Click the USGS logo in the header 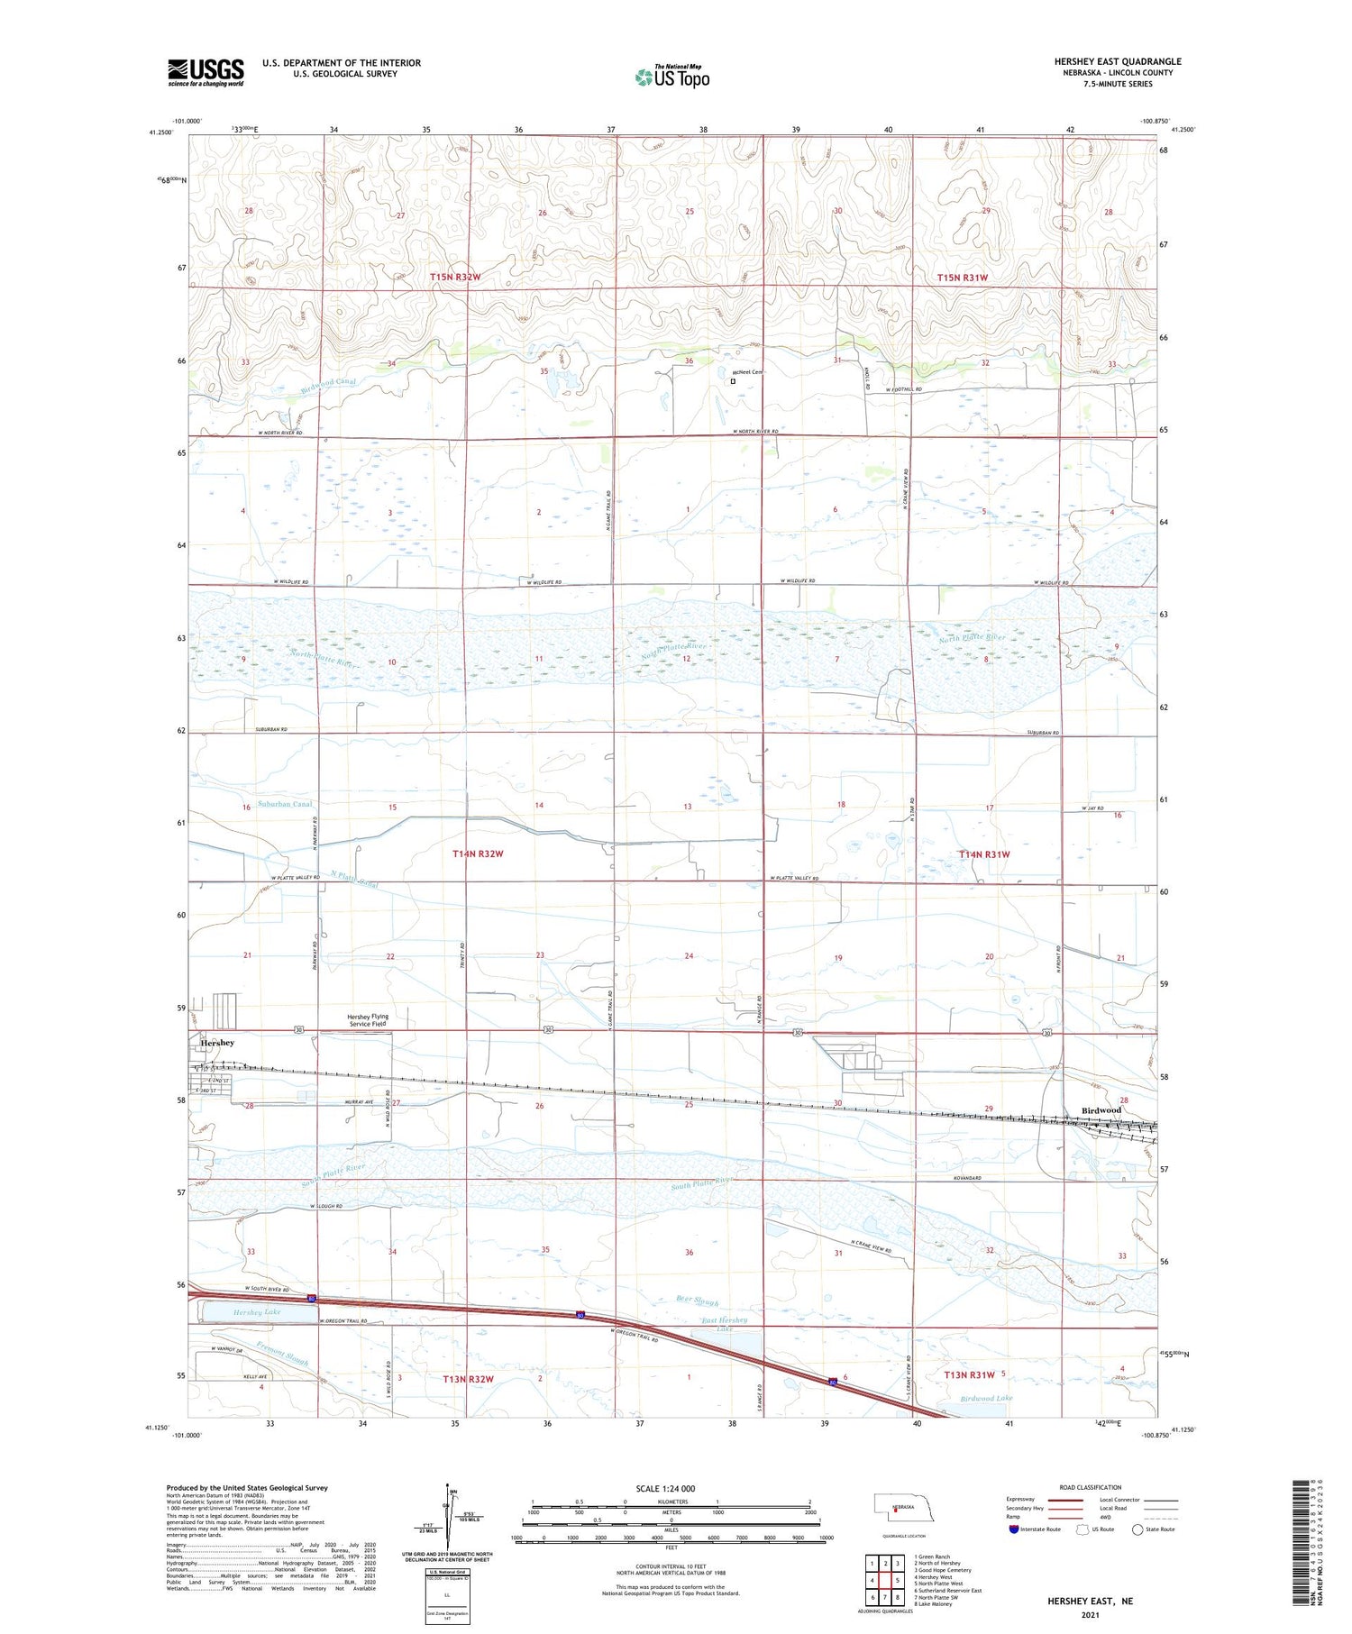pos(206,72)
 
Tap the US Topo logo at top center pos(672,77)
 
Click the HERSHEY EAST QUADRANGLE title pos(1118,61)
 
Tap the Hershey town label pos(217,1043)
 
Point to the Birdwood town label pos(1101,1110)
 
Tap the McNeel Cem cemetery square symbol pos(733,381)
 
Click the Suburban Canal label pos(283,804)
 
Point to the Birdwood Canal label pos(328,383)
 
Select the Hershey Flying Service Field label pos(369,1020)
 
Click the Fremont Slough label pos(282,1355)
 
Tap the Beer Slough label pos(697,1301)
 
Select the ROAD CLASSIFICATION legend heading pos(1091,1487)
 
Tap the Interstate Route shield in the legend pos(1013,1529)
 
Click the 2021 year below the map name pos(1089,1614)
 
